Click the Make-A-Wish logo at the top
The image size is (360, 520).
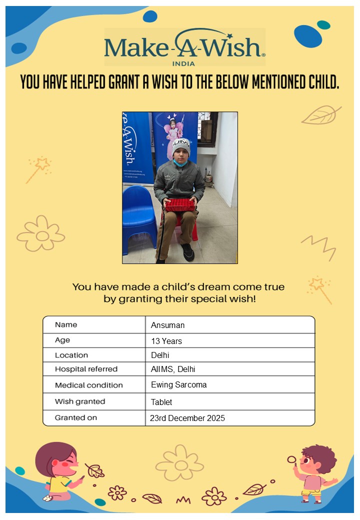[x=184, y=46]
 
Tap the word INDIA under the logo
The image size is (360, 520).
[x=183, y=63]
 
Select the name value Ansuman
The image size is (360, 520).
[x=168, y=325]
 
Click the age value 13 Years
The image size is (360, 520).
[x=166, y=341]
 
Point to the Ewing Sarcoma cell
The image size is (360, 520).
[x=178, y=385]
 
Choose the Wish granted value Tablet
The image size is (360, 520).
[x=161, y=402]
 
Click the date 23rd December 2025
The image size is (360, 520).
[x=187, y=418]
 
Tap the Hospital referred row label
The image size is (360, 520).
[x=86, y=369]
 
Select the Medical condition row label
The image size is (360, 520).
[x=88, y=385]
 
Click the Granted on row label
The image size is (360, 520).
[x=76, y=417]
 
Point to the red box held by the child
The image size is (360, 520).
[x=180, y=204]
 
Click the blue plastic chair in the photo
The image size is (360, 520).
[x=138, y=215]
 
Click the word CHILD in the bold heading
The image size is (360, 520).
[x=322, y=81]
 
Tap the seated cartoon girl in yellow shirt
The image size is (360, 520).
[x=58, y=472]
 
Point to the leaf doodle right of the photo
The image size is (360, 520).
[x=320, y=115]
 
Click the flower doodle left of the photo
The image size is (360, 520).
[x=41, y=234]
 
